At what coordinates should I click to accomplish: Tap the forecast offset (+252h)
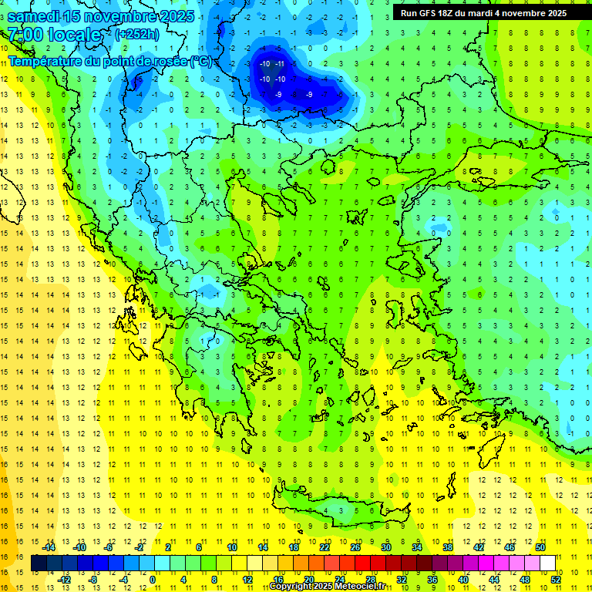click(x=137, y=34)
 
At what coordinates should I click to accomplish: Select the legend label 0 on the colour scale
click(x=153, y=580)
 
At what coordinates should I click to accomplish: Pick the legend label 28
click(x=370, y=580)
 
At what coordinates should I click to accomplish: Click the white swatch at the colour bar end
click(x=547, y=563)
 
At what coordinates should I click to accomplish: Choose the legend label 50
click(x=540, y=547)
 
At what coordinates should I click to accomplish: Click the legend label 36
click(x=432, y=580)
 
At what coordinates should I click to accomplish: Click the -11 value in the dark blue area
click(x=281, y=64)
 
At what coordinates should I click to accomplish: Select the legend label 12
click(x=247, y=580)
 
